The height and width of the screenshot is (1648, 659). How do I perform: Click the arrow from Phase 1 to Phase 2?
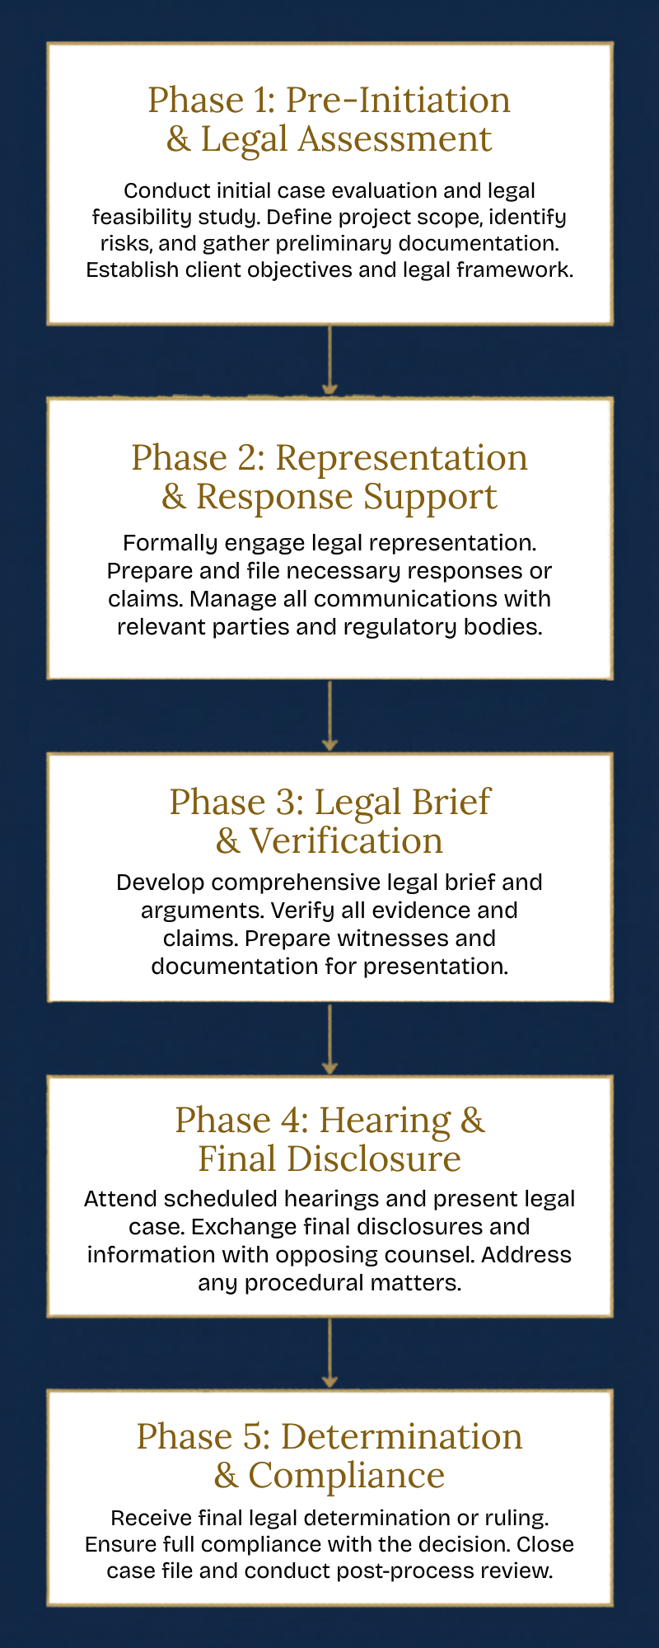click(329, 361)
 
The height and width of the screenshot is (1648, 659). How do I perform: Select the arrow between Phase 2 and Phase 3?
click(329, 715)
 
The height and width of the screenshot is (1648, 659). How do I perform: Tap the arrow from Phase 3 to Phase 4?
click(329, 1038)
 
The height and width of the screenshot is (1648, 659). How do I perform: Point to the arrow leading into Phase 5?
click(329, 1353)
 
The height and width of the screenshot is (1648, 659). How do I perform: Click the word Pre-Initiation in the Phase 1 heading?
click(398, 101)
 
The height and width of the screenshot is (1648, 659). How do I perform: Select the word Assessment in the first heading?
click(395, 139)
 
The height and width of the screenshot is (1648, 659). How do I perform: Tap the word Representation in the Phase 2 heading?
click(401, 458)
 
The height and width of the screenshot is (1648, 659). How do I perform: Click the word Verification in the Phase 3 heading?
click(346, 841)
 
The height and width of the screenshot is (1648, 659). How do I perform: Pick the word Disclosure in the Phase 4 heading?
click(373, 1159)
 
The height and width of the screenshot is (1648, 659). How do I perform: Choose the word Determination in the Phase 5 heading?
click(401, 1437)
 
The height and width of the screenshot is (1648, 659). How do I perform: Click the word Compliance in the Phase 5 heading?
click(346, 1476)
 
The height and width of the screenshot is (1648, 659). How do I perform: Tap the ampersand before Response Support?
click(174, 497)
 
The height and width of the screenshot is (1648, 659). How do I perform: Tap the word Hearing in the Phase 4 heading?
click(385, 1121)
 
